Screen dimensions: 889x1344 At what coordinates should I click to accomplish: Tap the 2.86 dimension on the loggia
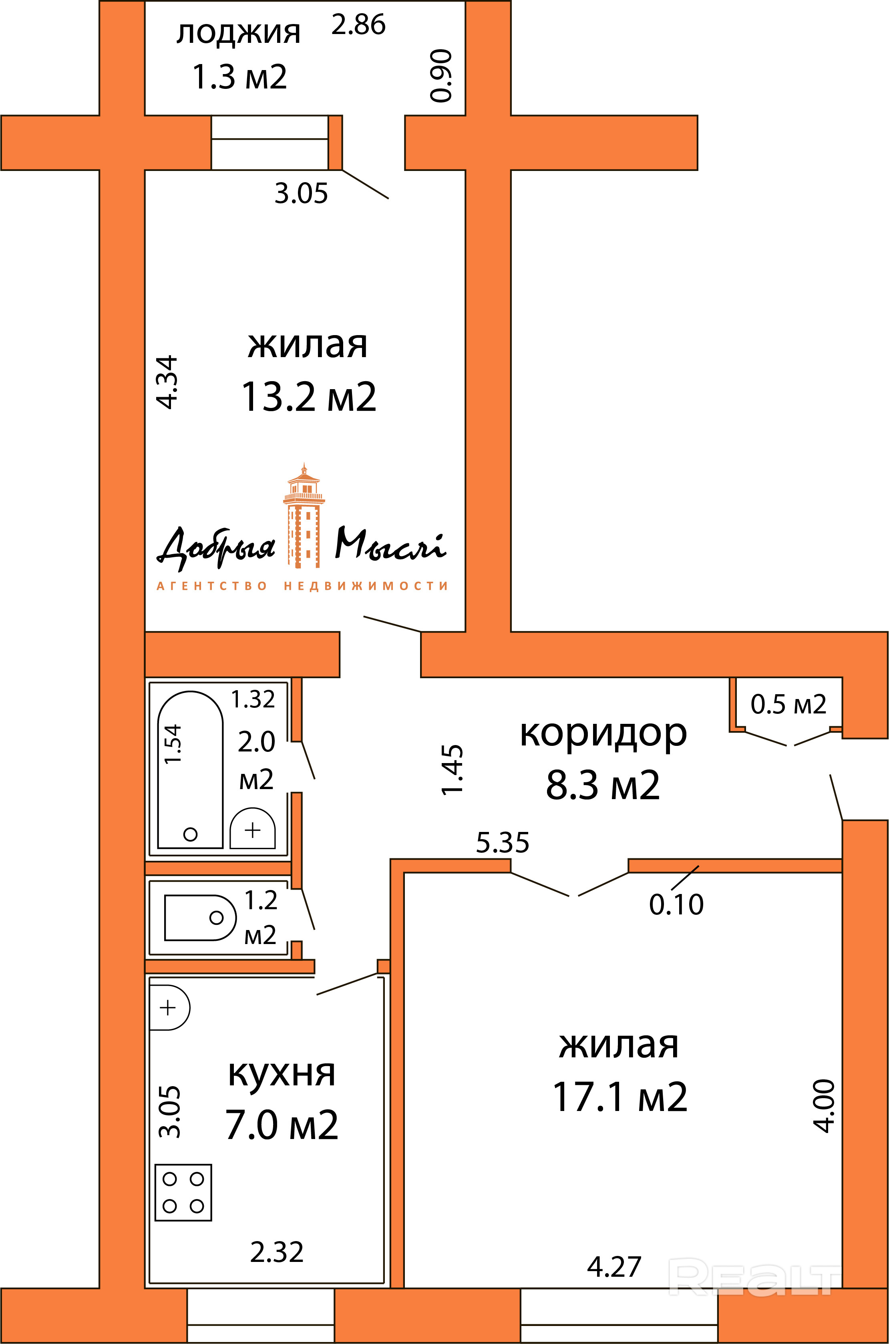pos(358,25)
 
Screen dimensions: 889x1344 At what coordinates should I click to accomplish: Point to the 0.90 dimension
pos(441,75)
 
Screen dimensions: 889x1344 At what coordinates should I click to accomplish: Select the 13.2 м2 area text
pos(309,397)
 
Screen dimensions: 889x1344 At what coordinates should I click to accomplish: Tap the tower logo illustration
pos(304,515)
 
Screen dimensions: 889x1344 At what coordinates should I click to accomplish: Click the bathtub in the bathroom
pos(190,769)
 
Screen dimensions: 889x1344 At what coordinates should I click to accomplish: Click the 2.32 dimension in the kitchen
pos(277,1252)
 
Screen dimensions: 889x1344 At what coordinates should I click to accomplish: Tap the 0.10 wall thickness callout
pos(676,905)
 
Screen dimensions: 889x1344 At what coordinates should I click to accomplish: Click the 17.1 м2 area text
pos(619,1097)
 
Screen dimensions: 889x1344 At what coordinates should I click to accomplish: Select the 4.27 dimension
pos(614,1267)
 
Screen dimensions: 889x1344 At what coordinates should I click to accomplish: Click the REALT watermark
pos(754,1277)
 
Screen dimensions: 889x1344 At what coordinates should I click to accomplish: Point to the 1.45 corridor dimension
pos(453,770)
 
